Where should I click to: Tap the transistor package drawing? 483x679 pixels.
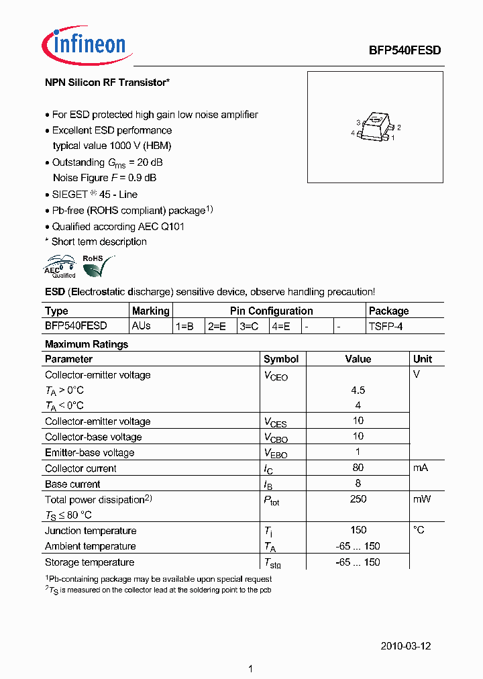click(376, 127)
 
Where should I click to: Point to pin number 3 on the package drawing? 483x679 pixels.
click(359, 122)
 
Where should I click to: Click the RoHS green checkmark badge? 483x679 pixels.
click(97, 266)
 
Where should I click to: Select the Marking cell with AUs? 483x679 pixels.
click(142, 325)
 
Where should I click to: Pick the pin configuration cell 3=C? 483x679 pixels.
click(250, 326)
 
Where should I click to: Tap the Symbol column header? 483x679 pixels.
click(280, 359)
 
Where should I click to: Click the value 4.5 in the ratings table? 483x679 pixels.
click(358, 390)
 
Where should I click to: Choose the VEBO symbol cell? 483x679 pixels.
click(275, 453)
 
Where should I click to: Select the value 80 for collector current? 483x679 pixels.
click(358, 468)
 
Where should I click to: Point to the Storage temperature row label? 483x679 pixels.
click(89, 562)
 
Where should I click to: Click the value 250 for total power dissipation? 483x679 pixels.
click(358, 499)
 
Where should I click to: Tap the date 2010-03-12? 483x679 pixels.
click(405, 646)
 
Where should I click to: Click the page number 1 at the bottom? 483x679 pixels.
click(250, 669)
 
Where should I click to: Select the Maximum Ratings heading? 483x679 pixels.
click(86, 344)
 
